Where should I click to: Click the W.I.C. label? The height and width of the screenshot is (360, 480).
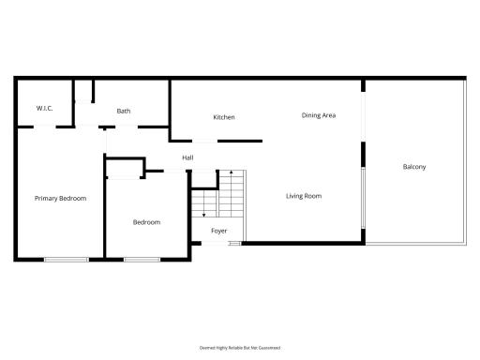click(x=44, y=109)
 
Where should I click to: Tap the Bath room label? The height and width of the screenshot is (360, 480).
click(x=124, y=111)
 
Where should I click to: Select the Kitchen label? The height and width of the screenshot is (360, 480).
click(x=223, y=117)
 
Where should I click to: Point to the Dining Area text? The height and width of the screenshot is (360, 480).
click(x=319, y=115)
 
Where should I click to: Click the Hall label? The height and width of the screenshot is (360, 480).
click(x=187, y=157)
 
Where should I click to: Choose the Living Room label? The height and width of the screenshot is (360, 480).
click(x=304, y=196)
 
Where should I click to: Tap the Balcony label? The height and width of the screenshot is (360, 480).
click(x=414, y=167)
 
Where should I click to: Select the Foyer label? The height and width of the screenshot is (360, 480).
click(x=218, y=230)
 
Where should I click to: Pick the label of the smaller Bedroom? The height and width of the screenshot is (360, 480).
click(x=146, y=222)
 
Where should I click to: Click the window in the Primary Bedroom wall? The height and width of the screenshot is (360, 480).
click(x=67, y=259)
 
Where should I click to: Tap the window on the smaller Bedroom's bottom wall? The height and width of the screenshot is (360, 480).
click(x=142, y=259)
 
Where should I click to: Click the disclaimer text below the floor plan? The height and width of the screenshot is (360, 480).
click(x=240, y=346)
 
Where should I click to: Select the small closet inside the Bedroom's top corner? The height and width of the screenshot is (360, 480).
click(x=124, y=169)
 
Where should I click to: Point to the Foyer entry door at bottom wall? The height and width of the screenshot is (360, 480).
click(x=217, y=244)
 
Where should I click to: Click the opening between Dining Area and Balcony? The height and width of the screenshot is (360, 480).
click(x=364, y=117)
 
